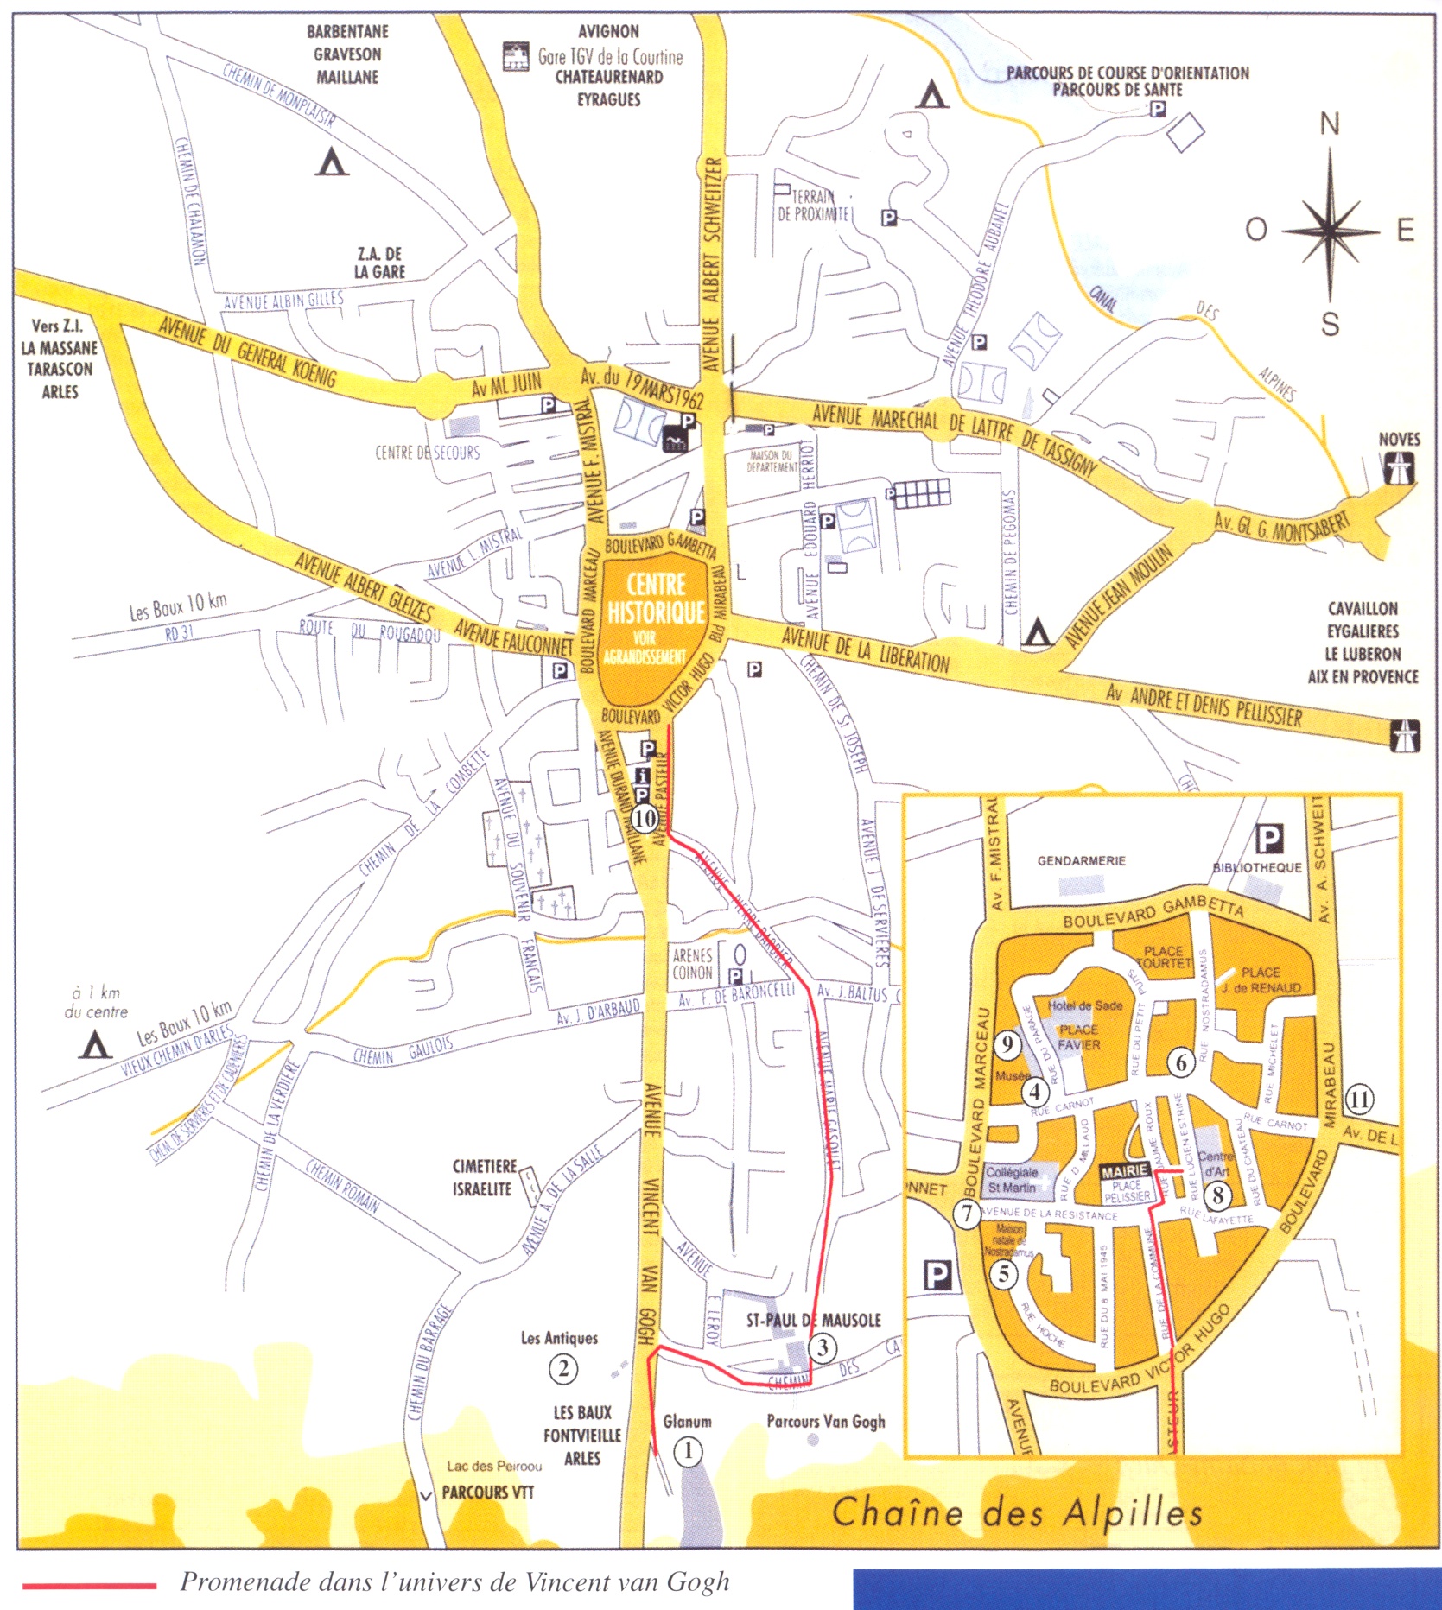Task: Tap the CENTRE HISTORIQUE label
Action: point(656,599)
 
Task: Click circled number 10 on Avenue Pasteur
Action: point(645,817)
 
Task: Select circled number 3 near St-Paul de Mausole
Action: point(823,1347)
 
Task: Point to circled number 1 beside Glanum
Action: point(688,1451)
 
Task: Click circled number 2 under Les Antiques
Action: point(563,1368)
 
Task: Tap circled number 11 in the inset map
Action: point(1359,1100)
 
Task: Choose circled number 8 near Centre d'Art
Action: point(1218,1195)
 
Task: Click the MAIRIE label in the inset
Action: point(1125,1172)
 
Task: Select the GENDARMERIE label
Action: point(1081,860)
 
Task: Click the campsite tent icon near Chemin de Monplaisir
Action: point(332,162)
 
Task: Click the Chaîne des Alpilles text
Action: point(1017,1512)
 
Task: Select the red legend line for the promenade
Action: point(90,1586)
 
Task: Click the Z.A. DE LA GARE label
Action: point(380,263)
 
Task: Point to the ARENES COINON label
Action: point(692,964)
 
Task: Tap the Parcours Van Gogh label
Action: point(825,1421)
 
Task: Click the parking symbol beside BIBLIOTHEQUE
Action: point(1268,838)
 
